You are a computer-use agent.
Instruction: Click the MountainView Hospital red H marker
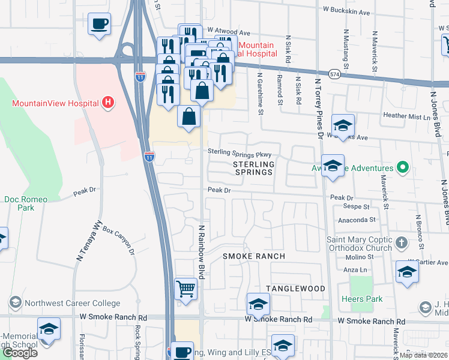108,103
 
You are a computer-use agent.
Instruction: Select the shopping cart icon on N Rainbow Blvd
186,289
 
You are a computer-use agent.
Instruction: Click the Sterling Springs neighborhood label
253,168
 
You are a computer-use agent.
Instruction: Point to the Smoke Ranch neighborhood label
254,256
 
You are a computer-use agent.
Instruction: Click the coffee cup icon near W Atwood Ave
100,25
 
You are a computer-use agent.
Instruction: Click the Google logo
20,353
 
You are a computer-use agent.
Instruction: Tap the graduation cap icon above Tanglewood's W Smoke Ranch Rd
258,304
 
